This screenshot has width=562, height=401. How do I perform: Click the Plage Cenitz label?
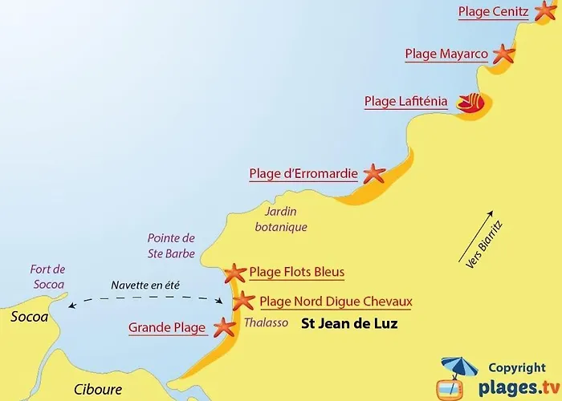493,12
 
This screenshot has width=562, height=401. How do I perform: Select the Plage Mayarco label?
446,55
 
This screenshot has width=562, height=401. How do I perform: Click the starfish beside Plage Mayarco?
503,55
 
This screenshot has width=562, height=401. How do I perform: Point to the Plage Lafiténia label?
405,102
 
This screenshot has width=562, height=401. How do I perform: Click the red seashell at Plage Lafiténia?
470,103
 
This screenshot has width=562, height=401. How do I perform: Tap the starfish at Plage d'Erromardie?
373,172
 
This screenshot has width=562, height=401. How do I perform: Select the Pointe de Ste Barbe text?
171,245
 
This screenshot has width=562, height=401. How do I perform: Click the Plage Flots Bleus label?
296,273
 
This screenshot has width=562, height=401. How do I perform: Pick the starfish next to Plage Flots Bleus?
234,273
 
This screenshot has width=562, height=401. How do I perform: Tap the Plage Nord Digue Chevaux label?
336,302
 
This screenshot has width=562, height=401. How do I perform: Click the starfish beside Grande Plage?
223,327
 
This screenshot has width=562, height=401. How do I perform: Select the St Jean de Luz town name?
349,325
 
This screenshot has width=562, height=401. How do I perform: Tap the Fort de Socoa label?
47,276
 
